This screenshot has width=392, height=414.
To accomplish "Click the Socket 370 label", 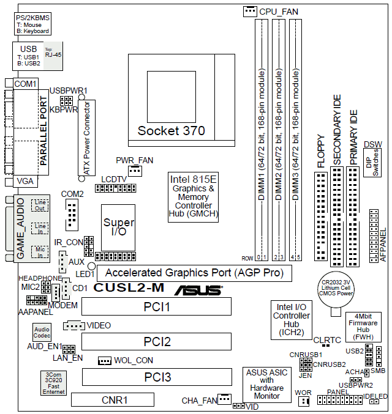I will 171,130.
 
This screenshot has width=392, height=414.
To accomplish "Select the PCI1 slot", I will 157,306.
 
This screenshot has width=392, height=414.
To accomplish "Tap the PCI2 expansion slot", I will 157,341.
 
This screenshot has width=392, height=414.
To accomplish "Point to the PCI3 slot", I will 157,377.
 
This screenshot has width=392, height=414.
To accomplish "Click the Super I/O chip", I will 118,226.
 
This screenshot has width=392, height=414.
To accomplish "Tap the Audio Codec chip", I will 42,333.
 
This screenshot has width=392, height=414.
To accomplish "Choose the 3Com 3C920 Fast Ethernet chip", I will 54,383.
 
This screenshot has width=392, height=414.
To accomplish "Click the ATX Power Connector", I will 86,139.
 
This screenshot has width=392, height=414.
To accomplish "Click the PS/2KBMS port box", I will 31,24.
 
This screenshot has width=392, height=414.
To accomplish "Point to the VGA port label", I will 25,181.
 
